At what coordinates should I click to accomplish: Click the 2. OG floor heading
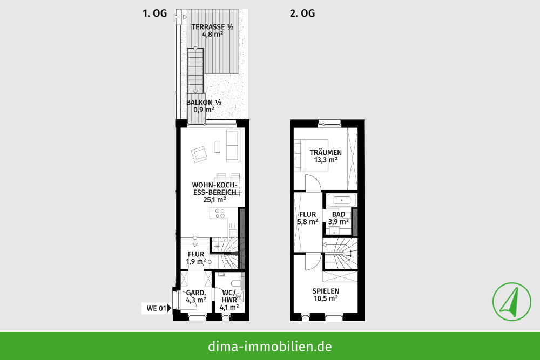pyautogui.click(x=302, y=13)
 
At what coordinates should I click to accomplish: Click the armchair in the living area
pyautogui.click(x=200, y=154)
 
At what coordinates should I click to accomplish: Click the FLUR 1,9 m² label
pyautogui.click(x=196, y=257)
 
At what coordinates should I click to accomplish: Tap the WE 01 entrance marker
pyautogui.click(x=158, y=309)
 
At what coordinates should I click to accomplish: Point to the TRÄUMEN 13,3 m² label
pyautogui.click(x=325, y=156)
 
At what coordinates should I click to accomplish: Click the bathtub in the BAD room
pyautogui.click(x=341, y=200)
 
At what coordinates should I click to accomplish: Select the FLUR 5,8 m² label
pyautogui.click(x=307, y=218)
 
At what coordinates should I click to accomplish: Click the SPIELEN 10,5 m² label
pyautogui.click(x=325, y=294)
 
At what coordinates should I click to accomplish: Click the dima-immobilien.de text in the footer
pyautogui.click(x=270, y=346)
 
